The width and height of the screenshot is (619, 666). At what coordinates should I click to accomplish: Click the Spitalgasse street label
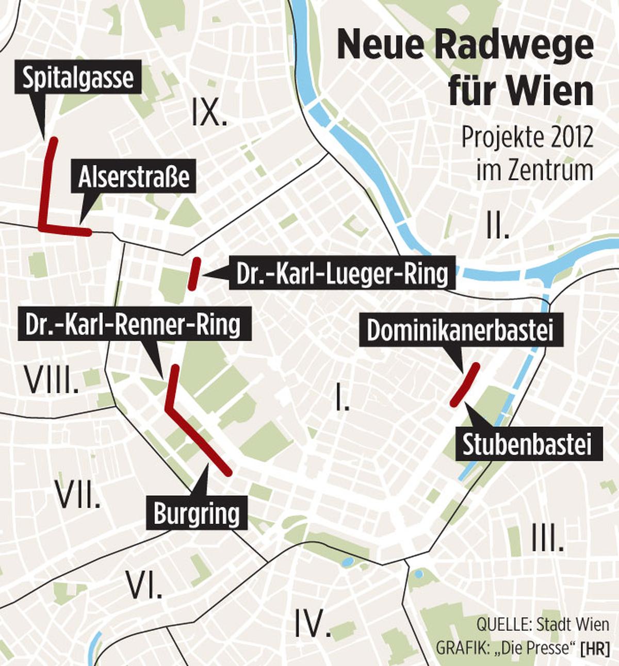[78, 78]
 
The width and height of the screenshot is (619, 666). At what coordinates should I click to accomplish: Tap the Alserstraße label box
[134, 177]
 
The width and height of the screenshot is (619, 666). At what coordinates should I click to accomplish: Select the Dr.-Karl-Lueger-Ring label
[342, 274]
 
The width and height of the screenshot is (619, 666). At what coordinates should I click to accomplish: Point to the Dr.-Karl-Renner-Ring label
[133, 325]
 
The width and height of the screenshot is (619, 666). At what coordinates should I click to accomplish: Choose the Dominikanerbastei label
[460, 330]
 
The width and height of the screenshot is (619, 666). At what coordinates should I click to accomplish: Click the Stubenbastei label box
[527, 445]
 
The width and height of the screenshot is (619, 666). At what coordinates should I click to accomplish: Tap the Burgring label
[197, 513]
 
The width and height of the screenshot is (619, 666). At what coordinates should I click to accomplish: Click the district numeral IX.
[209, 113]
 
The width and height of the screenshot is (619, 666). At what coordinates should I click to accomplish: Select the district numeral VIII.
[52, 380]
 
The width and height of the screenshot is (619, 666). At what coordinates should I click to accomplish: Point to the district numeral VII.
[78, 495]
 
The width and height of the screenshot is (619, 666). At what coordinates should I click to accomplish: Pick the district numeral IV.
[312, 623]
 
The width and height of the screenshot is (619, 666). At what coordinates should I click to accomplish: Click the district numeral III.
[547, 538]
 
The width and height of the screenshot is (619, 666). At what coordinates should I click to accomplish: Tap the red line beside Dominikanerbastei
[465, 385]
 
